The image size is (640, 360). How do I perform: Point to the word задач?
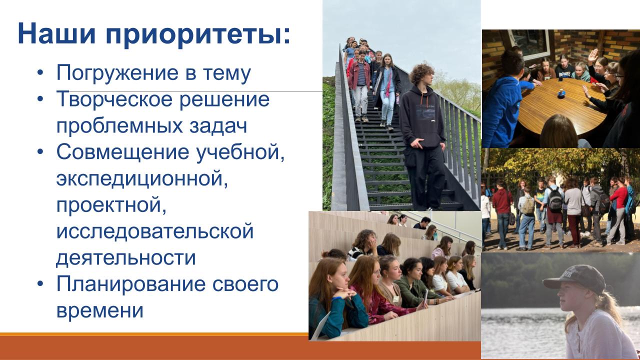(218, 125)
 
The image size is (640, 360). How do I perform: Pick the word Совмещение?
(123, 152)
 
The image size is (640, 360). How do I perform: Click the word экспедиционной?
(142, 179)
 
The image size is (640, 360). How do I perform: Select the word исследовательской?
(155, 231)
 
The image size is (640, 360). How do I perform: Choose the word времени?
(99, 311)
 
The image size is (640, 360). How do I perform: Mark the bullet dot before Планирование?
(40, 283)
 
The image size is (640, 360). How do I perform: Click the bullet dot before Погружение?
(40, 72)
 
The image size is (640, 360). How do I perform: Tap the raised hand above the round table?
(593, 55)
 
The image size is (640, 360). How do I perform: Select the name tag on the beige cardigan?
(395, 299)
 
